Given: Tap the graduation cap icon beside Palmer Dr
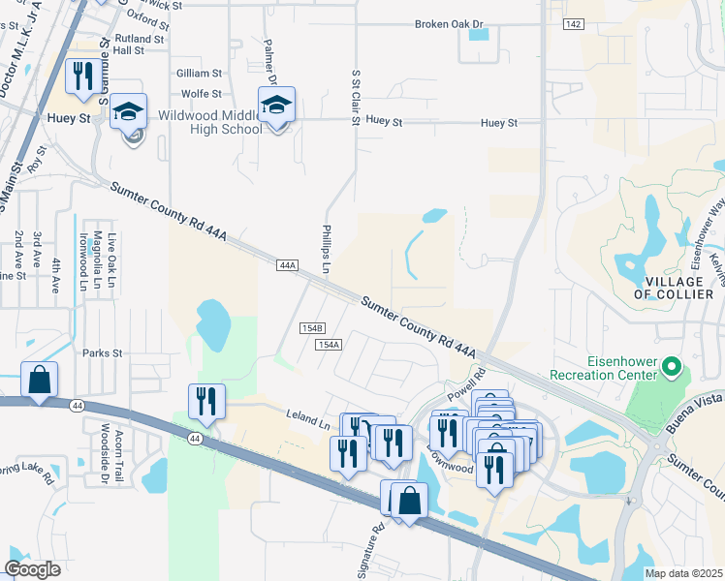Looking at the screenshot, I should (x=276, y=106).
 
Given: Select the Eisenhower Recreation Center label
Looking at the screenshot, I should (x=603, y=367).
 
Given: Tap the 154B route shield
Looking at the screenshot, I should (x=311, y=328).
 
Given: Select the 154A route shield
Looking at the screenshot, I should (x=329, y=345).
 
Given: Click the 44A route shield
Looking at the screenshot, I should (x=287, y=264).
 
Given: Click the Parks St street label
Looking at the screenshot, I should (x=104, y=353).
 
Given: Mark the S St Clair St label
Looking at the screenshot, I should (x=356, y=97).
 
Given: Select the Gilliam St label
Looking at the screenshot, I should (x=200, y=73).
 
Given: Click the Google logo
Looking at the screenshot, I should (x=33, y=569).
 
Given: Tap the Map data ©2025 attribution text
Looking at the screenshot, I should (x=682, y=573).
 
